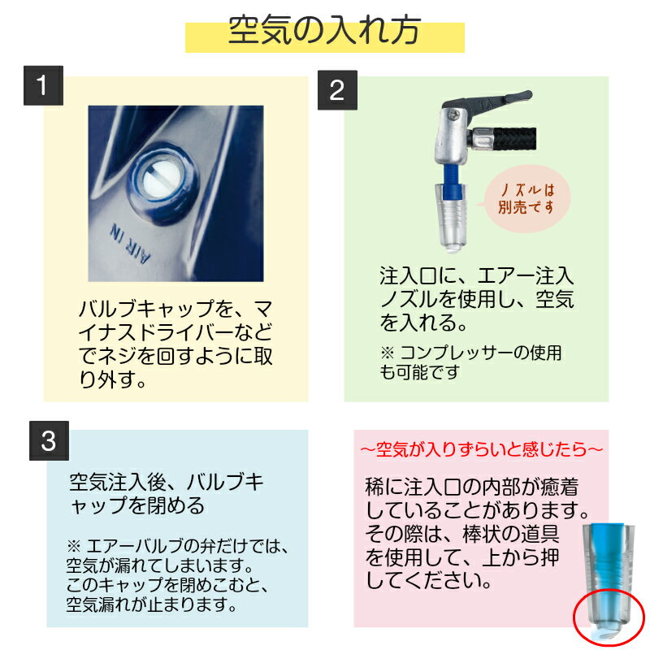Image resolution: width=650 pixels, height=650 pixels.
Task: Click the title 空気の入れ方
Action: (x=324, y=31)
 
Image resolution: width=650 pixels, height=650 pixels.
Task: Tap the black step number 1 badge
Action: (x=43, y=85)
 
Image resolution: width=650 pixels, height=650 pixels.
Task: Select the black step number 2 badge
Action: (x=337, y=90)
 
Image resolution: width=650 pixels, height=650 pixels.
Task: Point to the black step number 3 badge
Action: (x=49, y=440)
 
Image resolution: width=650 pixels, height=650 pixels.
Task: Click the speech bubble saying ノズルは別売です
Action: (x=524, y=198)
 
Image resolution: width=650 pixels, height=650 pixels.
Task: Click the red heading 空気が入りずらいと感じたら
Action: (x=481, y=448)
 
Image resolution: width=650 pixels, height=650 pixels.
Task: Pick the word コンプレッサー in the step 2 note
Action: (x=456, y=353)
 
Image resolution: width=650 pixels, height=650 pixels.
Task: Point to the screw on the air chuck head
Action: (x=453, y=113)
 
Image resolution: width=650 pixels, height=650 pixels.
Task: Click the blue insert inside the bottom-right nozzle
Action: (x=607, y=564)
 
